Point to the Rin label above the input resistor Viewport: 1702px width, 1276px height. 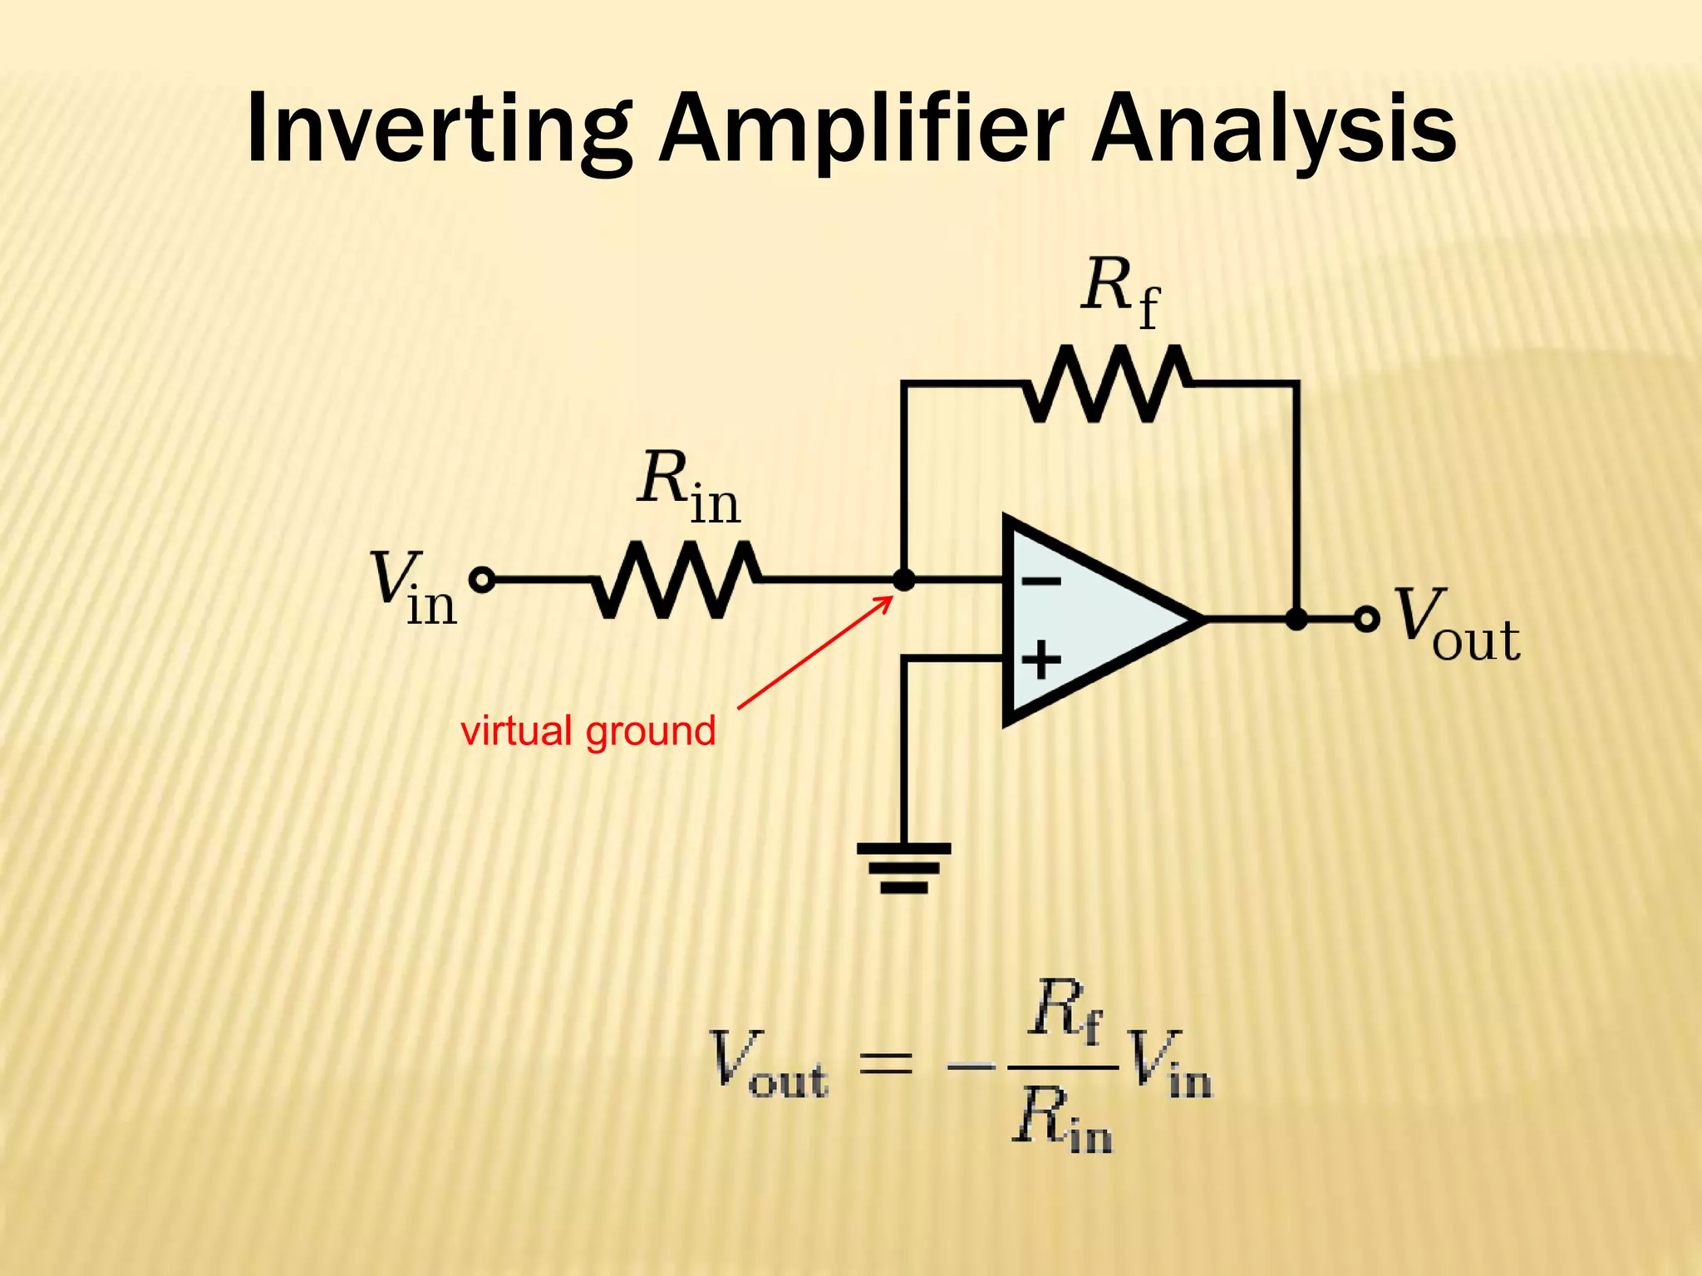click(x=688, y=486)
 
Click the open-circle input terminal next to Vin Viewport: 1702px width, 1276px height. click(x=482, y=580)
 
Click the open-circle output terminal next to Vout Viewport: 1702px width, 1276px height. click(x=1366, y=619)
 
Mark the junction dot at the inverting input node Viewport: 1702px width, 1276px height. click(x=903, y=580)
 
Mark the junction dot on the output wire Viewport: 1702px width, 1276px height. click(x=1296, y=619)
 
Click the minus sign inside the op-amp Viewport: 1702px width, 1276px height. click(x=1040, y=581)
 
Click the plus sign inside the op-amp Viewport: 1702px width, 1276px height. click(x=1040, y=661)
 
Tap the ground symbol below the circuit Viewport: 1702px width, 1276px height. click(x=903, y=867)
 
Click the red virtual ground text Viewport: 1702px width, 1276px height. click(x=588, y=731)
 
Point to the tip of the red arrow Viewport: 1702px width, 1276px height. click(x=892, y=596)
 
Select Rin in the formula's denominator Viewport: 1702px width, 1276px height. click(x=1062, y=1119)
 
